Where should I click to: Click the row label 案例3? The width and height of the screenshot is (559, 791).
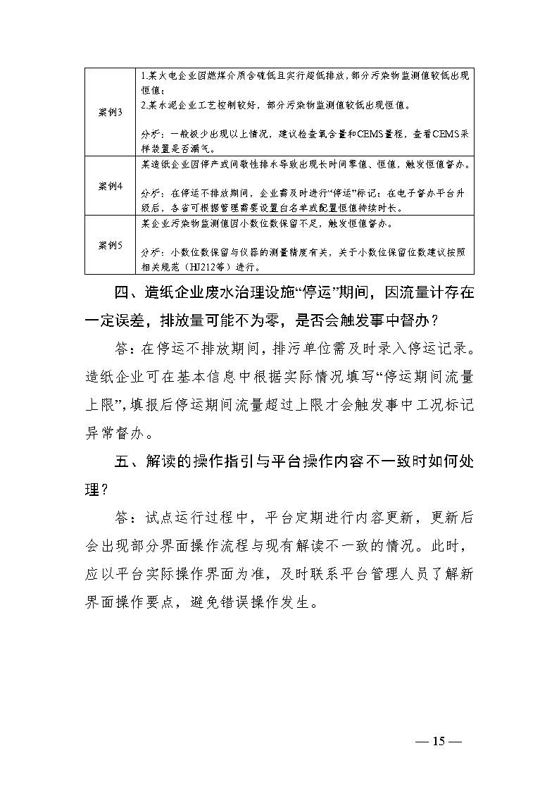point(110,112)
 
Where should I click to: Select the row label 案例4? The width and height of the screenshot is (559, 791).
point(110,186)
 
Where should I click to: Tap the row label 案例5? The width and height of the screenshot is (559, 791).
point(110,245)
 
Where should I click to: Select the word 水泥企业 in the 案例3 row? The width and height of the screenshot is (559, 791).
point(165,105)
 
